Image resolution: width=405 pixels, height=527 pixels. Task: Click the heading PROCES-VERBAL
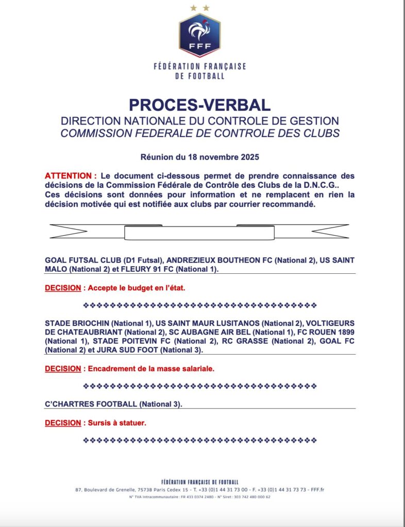[199, 104]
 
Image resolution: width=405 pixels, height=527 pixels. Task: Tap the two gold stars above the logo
[199, 8]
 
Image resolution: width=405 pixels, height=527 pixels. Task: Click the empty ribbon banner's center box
[199, 232]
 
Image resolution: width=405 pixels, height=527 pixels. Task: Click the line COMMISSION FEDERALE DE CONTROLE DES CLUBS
[200, 133]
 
